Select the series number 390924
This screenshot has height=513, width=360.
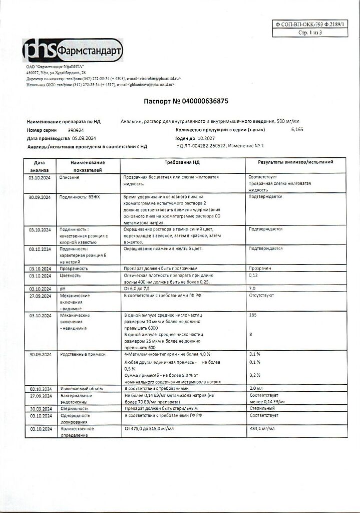pos(76,130)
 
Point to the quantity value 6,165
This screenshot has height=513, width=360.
pos(297,129)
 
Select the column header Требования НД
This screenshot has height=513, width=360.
pos(183,163)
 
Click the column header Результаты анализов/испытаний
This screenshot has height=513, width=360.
pos(295,163)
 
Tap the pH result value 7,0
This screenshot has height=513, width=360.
pos(252,289)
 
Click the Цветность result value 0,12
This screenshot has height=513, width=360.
pos(253,276)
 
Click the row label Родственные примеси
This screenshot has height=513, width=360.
pos(83,354)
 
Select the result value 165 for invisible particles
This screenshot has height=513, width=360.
pos(253,316)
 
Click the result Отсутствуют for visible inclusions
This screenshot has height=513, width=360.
pos(261,296)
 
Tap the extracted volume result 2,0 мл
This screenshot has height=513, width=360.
pos(256,388)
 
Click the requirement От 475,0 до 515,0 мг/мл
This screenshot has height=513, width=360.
pos(148,429)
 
